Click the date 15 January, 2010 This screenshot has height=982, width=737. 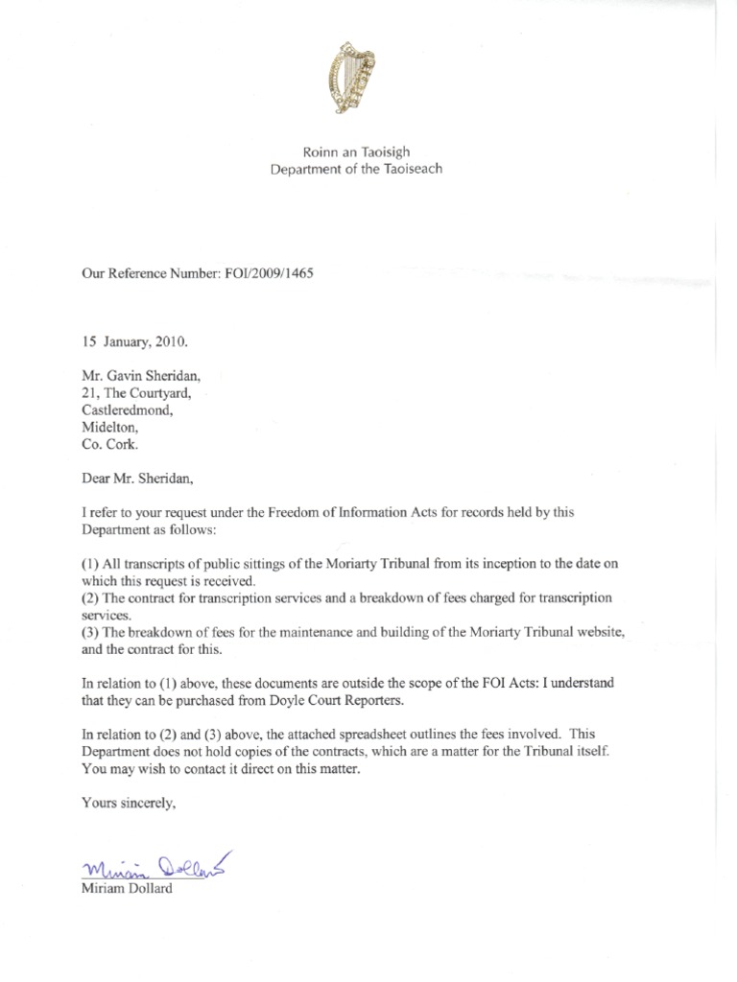(136, 339)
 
